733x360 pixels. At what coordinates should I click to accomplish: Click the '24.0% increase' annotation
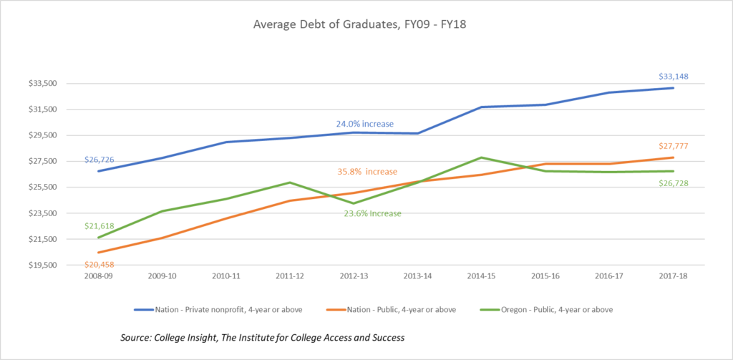[x=365, y=124]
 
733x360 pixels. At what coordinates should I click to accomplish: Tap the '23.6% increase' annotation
[x=372, y=213]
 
